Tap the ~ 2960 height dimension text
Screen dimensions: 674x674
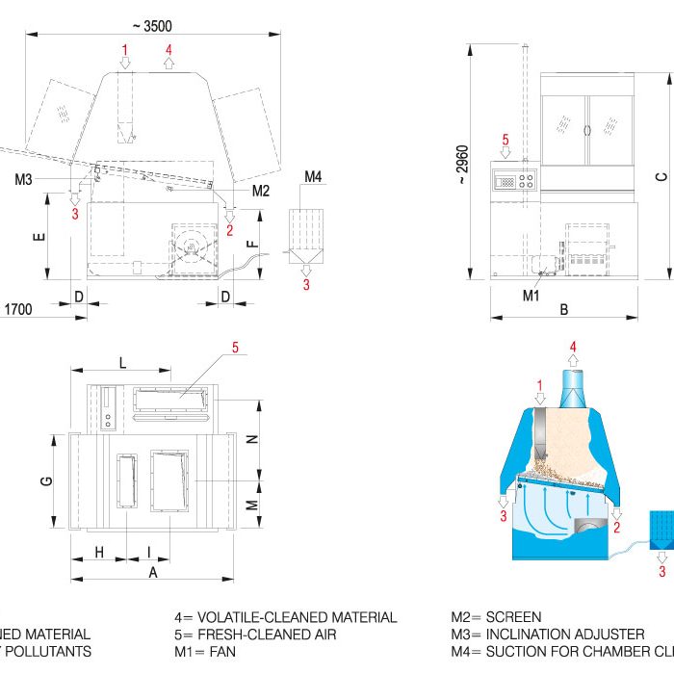pos(462,164)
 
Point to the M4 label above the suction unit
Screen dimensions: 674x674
pos(314,177)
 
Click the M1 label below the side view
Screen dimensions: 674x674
pos(531,296)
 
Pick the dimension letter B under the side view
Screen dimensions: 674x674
pos(564,309)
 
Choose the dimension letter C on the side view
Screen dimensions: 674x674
pos(661,176)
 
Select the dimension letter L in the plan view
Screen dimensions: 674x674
pos(122,361)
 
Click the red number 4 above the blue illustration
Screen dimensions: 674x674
pos(574,346)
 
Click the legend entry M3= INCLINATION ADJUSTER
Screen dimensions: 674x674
pos(548,635)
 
